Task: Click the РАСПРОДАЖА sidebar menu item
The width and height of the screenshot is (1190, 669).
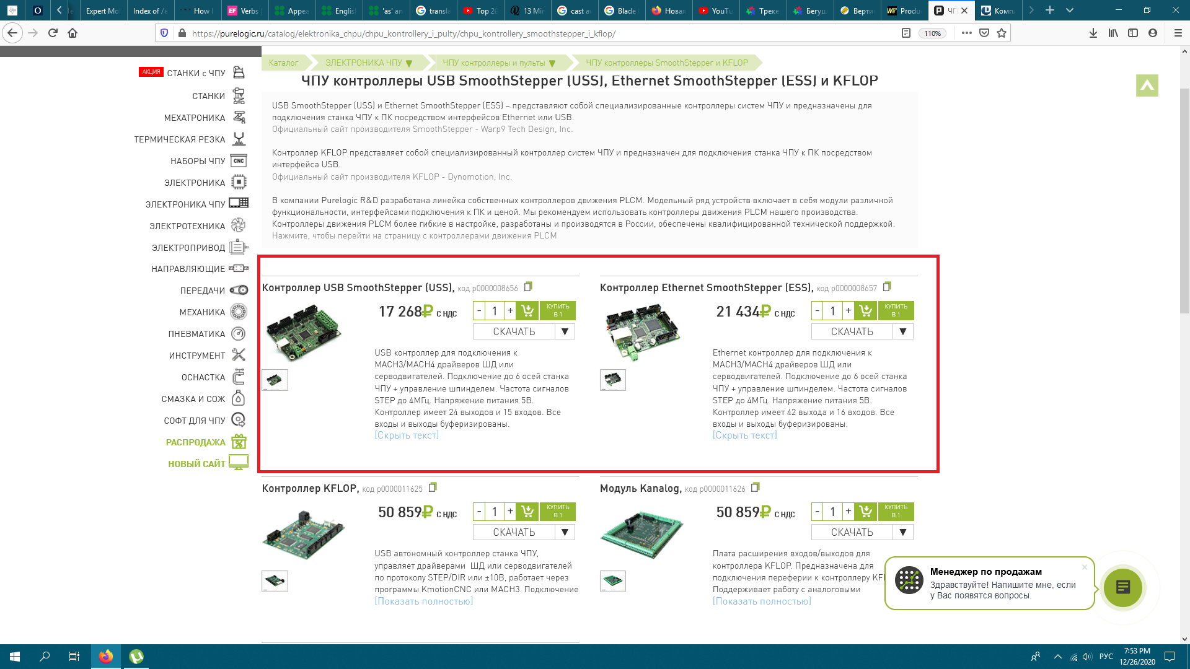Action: tap(195, 442)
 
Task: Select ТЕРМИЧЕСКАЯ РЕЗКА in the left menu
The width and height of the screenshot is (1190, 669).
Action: tap(179, 139)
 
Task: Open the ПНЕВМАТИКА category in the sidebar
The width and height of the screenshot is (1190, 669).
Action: tap(196, 334)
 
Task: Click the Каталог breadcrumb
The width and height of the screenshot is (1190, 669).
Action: tap(283, 63)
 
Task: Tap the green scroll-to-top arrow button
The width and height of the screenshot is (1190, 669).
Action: tap(1147, 85)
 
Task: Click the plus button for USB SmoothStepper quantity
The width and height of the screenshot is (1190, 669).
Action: tap(510, 310)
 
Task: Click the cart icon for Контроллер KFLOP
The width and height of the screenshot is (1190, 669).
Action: tap(527, 512)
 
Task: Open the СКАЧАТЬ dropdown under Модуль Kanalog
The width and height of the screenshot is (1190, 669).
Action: tap(902, 532)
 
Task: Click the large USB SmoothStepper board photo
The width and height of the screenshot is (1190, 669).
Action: tap(304, 331)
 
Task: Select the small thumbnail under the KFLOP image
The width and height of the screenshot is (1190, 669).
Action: tap(275, 581)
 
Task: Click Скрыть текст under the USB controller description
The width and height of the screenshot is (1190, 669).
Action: tap(407, 435)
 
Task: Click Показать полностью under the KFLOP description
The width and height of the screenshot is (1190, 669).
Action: tap(424, 601)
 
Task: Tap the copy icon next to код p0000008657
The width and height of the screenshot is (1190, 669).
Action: tap(887, 286)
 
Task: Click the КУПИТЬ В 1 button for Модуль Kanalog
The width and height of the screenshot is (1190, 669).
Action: tap(896, 512)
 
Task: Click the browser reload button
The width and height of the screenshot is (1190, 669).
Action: tap(53, 33)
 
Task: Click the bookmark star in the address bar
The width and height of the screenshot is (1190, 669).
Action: tap(1002, 33)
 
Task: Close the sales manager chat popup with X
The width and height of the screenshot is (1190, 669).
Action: tap(1085, 567)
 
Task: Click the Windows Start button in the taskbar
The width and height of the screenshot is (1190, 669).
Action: tap(15, 657)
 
